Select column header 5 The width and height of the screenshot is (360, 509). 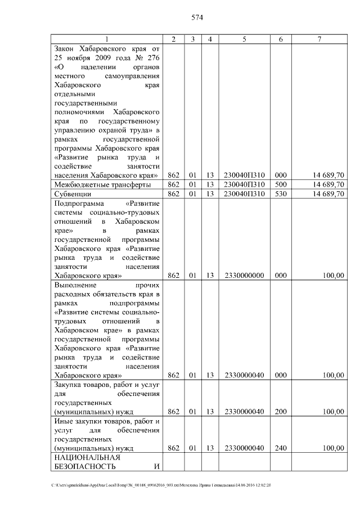coord(244,39)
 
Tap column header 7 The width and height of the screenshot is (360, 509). coord(319,39)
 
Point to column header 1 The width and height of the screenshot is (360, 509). coord(107,39)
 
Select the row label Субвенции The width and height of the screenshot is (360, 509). coord(73,194)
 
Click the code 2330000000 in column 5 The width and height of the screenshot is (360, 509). coord(244,276)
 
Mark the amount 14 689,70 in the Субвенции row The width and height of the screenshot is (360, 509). coord(328,194)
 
